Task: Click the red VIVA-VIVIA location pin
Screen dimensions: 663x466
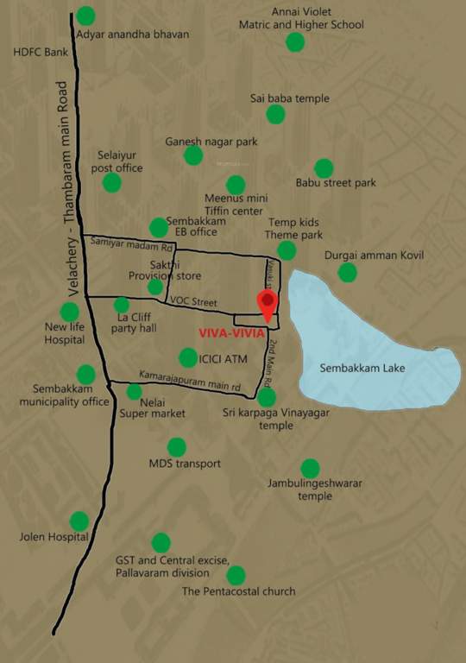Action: click(268, 303)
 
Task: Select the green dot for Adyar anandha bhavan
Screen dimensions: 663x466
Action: click(86, 16)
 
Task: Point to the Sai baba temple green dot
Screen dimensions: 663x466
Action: click(275, 114)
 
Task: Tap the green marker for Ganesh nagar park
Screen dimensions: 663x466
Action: click(193, 155)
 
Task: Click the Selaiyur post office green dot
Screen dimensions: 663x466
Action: click(112, 182)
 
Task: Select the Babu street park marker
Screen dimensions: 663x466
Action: click(324, 168)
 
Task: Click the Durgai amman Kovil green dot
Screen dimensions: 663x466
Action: click(347, 273)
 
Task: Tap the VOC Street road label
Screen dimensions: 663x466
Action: click(194, 301)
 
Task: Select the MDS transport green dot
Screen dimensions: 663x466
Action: click(177, 447)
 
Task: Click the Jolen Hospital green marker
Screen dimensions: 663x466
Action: click(79, 521)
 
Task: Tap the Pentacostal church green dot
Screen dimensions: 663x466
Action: click(235, 575)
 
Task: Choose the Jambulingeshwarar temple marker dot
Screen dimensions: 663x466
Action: click(310, 469)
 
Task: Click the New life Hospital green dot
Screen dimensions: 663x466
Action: click(70, 313)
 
